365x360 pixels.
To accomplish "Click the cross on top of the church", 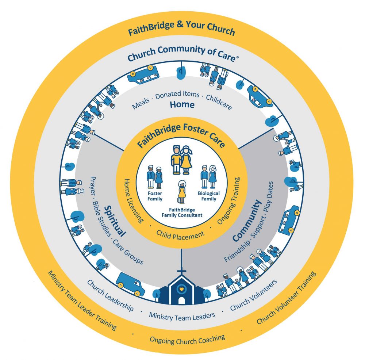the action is coord(181,272).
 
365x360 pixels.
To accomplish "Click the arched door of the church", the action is coord(181,300).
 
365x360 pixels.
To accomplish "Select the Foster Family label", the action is coord(155,196).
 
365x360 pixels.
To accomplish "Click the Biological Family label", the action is coord(209,196).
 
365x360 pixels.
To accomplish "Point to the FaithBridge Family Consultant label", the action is coord(182,212).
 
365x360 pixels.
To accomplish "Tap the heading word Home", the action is coord(182,104).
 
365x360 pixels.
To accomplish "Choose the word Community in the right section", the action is coord(247,221).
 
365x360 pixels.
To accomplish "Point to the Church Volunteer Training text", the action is coord(286,298).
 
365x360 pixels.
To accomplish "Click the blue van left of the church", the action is coord(130,284).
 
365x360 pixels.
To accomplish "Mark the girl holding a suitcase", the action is coord(181,192).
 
